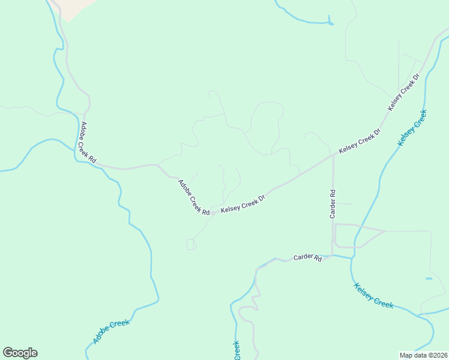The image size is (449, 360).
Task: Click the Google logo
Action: (x=20, y=353)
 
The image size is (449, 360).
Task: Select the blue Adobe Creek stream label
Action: (x=111, y=332)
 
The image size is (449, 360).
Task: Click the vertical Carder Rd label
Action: (x=332, y=204)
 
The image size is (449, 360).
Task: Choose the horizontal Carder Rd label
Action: (x=307, y=258)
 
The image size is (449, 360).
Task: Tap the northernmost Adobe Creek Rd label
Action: (x=88, y=143)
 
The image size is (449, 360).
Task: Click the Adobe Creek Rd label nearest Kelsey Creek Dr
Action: (x=193, y=197)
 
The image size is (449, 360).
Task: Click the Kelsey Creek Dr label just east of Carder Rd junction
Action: (x=360, y=142)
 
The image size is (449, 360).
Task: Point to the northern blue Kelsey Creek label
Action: (x=412, y=127)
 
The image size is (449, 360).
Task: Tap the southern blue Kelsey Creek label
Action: (x=373, y=295)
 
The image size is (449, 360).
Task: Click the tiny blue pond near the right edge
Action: (x=429, y=278)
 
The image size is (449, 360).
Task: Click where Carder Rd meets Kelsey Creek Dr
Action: (x=333, y=155)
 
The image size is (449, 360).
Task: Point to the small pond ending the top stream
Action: (x=331, y=23)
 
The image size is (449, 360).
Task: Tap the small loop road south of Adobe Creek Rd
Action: (x=191, y=244)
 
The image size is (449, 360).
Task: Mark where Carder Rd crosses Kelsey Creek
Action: (x=352, y=257)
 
